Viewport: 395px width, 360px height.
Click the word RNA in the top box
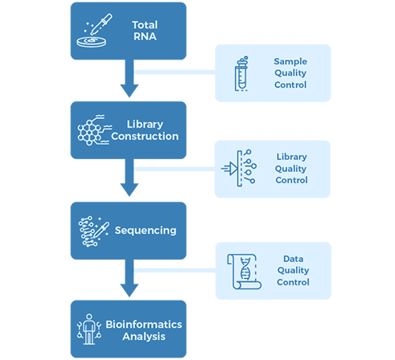coord(145,36)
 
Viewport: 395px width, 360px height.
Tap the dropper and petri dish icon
coord(94,31)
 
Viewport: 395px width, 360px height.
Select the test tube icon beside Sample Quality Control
coord(241,73)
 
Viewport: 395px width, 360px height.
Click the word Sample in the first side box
coord(290,62)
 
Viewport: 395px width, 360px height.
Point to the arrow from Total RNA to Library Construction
coord(130,78)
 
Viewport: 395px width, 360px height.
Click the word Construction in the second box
coord(145,137)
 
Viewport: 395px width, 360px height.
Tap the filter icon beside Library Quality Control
coord(239,168)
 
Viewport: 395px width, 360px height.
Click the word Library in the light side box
coord(292,157)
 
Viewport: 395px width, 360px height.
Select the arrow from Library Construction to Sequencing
coord(130,178)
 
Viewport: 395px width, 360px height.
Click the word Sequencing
coord(146,231)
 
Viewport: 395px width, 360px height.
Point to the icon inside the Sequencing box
coord(93,231)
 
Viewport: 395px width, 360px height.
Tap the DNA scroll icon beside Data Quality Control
coord(244,272)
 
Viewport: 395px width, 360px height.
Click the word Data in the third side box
coord(294,259)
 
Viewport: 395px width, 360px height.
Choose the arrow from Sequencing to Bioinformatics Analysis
coord(130,278)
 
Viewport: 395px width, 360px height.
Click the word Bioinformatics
coord(144,325)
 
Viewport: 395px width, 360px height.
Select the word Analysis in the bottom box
coord(144,337)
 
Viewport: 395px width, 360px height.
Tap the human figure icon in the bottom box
coord(89,329)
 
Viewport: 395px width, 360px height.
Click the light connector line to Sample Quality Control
coord(175,72)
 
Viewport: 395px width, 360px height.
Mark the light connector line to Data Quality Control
coord(175,271)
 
